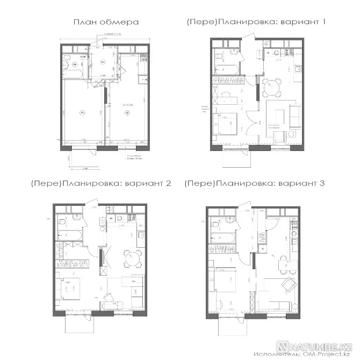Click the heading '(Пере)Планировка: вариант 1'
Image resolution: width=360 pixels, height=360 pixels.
point(257,23)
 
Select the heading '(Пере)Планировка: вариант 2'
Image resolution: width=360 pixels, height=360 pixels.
point(102,183)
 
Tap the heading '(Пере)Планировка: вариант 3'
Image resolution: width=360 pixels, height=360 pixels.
point(254,183)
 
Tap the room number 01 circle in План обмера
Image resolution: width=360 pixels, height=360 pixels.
point(82,112)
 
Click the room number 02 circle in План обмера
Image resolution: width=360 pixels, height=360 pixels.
point(127,112)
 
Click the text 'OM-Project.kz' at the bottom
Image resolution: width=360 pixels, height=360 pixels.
point(325,355)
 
